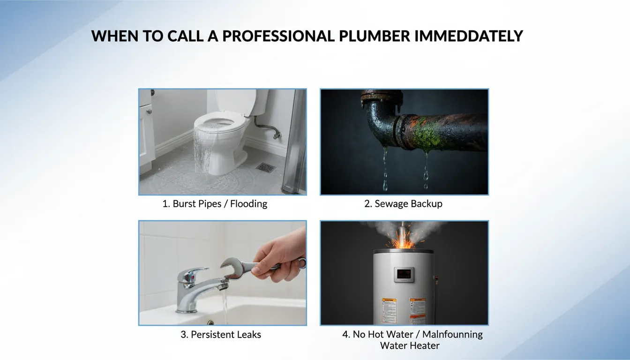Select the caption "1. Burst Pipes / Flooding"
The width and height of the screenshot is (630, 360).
point(215,204)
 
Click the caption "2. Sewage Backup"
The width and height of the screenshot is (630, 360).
point(403,204)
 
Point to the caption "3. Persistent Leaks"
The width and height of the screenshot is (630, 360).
point(221,335)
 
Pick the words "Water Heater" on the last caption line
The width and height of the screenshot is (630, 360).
point(410,346)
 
